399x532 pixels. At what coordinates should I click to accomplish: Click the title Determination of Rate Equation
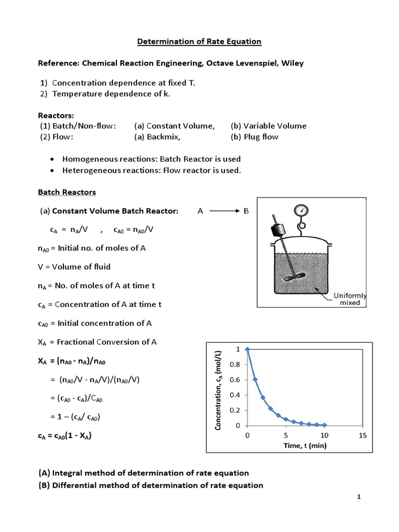(199, 41)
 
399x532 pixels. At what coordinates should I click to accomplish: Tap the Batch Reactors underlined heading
(67, 192)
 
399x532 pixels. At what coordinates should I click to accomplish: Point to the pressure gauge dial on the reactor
(301, 210)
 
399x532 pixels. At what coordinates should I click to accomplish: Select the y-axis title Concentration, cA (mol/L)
(219, 390)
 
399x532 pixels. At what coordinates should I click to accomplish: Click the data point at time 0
(247, 350)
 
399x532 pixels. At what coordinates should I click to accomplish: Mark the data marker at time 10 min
(325, 424)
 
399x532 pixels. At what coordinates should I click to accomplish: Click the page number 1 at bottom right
(358, 497)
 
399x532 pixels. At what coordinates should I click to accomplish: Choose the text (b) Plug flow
(255, 137)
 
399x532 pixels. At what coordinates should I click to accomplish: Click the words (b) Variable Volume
(269, 126)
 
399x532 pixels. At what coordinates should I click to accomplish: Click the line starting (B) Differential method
(151, 485)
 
